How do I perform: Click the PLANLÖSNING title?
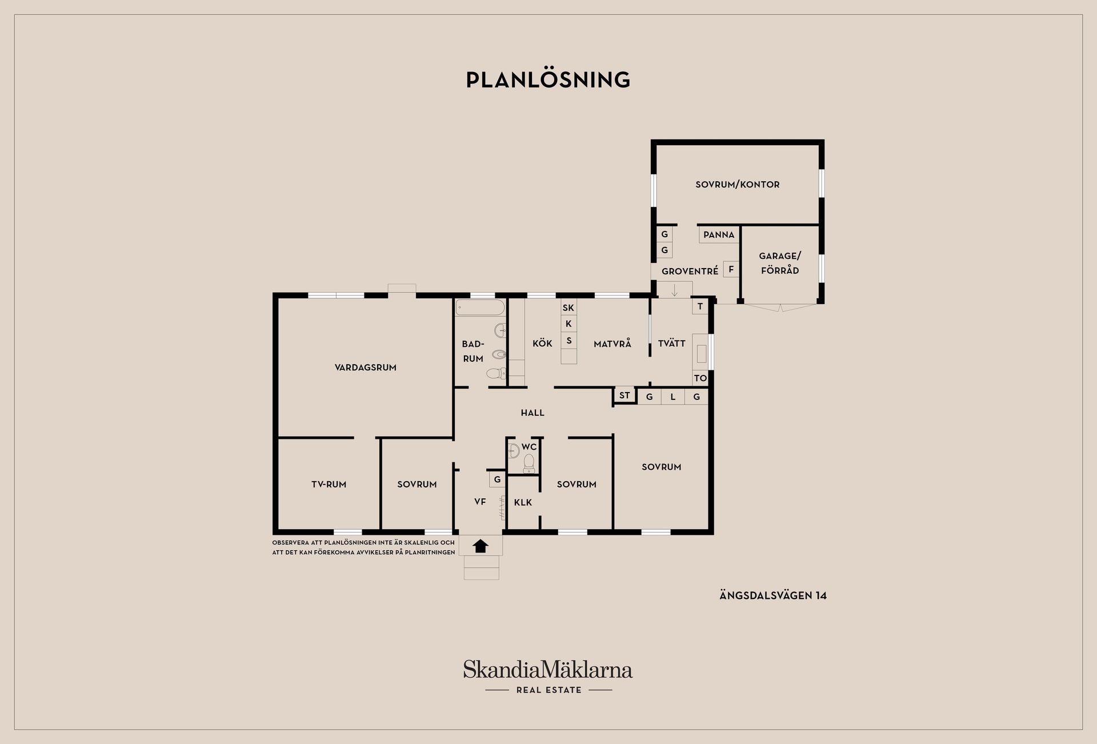(548, 80)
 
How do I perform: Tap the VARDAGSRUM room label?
(365, 367)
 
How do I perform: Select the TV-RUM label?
(329, 484)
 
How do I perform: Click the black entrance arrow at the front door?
(481, 546)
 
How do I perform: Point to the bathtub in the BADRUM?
(480, 308)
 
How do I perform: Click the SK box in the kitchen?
(568, 308)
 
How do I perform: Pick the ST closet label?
(624, 395)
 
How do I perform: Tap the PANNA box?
(719, 235)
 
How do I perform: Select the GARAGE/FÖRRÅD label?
(780, 263)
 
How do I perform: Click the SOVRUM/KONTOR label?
(737, 185)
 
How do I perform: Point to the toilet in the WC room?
(529, 462)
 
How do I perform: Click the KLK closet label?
(523, 502)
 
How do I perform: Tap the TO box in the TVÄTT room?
(700, 378)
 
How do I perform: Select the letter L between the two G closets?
(673, 397)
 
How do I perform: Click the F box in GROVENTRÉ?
(731, 269)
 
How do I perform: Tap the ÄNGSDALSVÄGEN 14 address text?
(772, 595)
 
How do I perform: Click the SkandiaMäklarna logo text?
(547, 670)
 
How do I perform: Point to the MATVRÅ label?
(612, 344)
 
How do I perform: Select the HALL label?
(532, 413)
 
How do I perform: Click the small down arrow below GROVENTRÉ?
(674, 290)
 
